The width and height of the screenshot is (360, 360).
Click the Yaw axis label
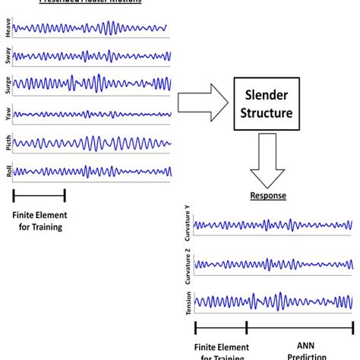pyautogui.click(x=8, y=114)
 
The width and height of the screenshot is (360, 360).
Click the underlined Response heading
pyautogui.click(x=269, y=195)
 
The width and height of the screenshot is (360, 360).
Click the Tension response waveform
pyautogui.click(x=273, y=302)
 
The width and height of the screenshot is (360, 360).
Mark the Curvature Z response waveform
pyautogui.click(x=273, y=264)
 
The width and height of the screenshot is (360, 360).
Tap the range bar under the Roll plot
pyautogui.click(x=39, y=195)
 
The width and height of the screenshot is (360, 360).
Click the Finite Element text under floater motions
pyautogui.click(x=39, y=219)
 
